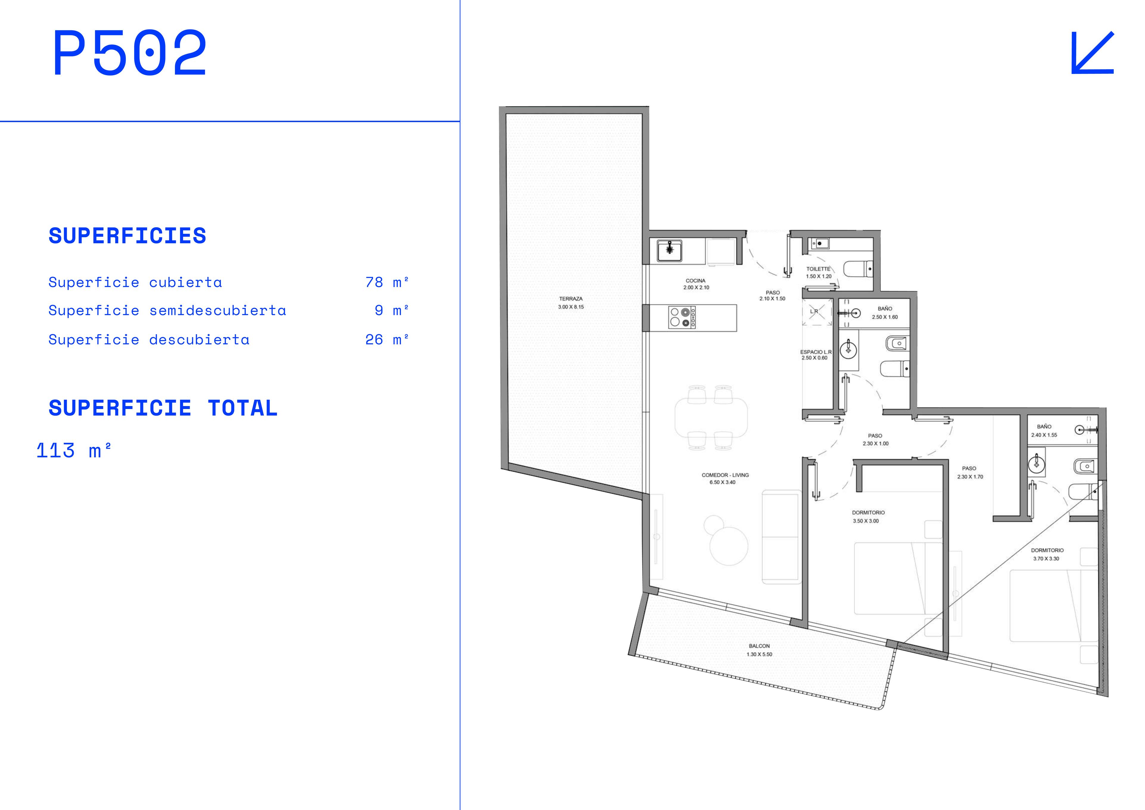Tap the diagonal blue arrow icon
[1092, 53]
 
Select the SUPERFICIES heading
[127, 236]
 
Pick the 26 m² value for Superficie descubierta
[387, 340]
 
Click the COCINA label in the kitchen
[696, 280]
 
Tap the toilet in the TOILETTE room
[858, 269]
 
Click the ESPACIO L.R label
[816, 352]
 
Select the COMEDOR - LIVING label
[725, 475]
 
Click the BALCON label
[759, 646]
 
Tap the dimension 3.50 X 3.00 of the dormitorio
[866, 521]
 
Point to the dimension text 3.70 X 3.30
[1046, 558]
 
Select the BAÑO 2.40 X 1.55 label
[1044, 431]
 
